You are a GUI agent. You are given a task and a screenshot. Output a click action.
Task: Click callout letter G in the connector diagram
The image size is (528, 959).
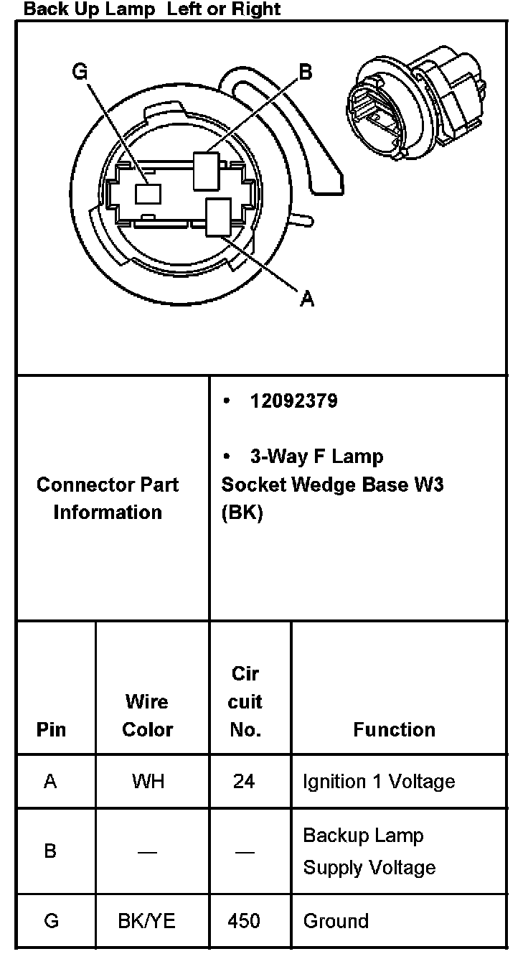[80, 72]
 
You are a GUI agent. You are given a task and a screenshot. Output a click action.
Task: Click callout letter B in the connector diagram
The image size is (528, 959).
[305, 72]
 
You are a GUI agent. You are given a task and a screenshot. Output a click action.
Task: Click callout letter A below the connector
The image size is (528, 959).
[307, 299]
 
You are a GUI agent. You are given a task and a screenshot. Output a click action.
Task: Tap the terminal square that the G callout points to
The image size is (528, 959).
[148, 194]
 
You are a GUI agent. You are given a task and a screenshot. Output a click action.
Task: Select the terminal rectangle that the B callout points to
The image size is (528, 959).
[206, 172]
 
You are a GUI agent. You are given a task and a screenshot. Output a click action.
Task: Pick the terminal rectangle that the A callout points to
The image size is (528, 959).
[217, 216]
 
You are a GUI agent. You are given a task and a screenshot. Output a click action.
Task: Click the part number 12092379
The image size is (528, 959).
[293, 401]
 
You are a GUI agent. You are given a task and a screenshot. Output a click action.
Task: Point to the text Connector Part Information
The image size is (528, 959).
[108, 498]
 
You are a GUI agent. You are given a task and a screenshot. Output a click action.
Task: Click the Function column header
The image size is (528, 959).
[394, 729]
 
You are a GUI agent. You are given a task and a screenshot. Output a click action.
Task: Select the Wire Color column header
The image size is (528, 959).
[147, 715]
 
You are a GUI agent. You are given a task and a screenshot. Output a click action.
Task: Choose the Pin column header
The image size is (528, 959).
[50, 729]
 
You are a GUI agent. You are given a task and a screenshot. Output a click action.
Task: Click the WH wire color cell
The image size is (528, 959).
[147, 781]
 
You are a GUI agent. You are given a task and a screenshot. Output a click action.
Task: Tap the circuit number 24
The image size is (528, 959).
[244, 781]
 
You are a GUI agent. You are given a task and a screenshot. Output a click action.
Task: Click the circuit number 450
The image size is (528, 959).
[244, 921]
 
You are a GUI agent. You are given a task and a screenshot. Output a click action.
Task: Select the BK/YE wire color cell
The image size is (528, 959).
[147, 921]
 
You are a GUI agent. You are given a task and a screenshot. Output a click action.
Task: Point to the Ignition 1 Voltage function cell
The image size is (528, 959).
[379, 781]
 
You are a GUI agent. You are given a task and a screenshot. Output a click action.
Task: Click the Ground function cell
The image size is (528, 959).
[336, 921]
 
